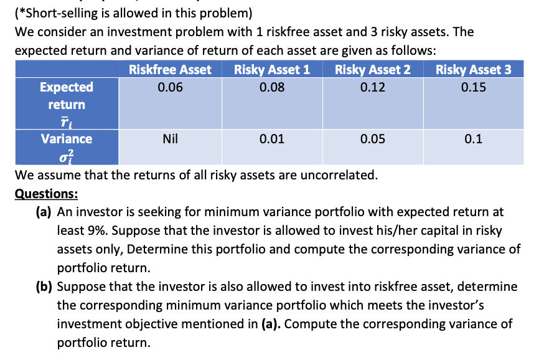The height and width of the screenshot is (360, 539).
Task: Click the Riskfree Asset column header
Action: tap(170, 70)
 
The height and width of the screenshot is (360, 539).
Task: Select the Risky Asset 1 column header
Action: tap(272, 70)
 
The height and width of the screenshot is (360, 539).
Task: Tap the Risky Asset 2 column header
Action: tap(373, 70)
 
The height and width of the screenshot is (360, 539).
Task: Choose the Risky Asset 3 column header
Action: tap(474, 70)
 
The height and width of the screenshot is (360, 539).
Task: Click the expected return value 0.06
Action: tap(170, 87)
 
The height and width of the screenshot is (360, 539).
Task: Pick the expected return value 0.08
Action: tap(272, 87)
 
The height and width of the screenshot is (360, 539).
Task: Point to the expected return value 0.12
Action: tap(373, 87)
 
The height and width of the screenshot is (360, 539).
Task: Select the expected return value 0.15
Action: tap(474, 87)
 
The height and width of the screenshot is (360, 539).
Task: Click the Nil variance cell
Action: tap(170, 140)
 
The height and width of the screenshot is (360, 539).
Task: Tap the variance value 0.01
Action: tap(272, 140)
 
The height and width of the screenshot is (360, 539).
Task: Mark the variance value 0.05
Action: tap(373, 140)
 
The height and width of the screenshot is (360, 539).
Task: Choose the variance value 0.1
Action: tap(474, 140)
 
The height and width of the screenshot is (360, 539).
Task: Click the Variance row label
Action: tap(67, 139)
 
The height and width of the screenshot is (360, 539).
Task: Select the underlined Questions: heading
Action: tap(47, 193)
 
